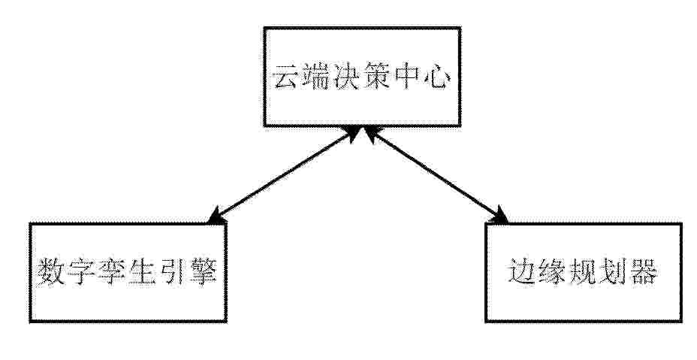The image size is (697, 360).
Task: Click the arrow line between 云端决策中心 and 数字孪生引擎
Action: (x=285, y=174)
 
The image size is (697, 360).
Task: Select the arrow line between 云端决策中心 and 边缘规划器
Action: (x=436, y=174)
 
